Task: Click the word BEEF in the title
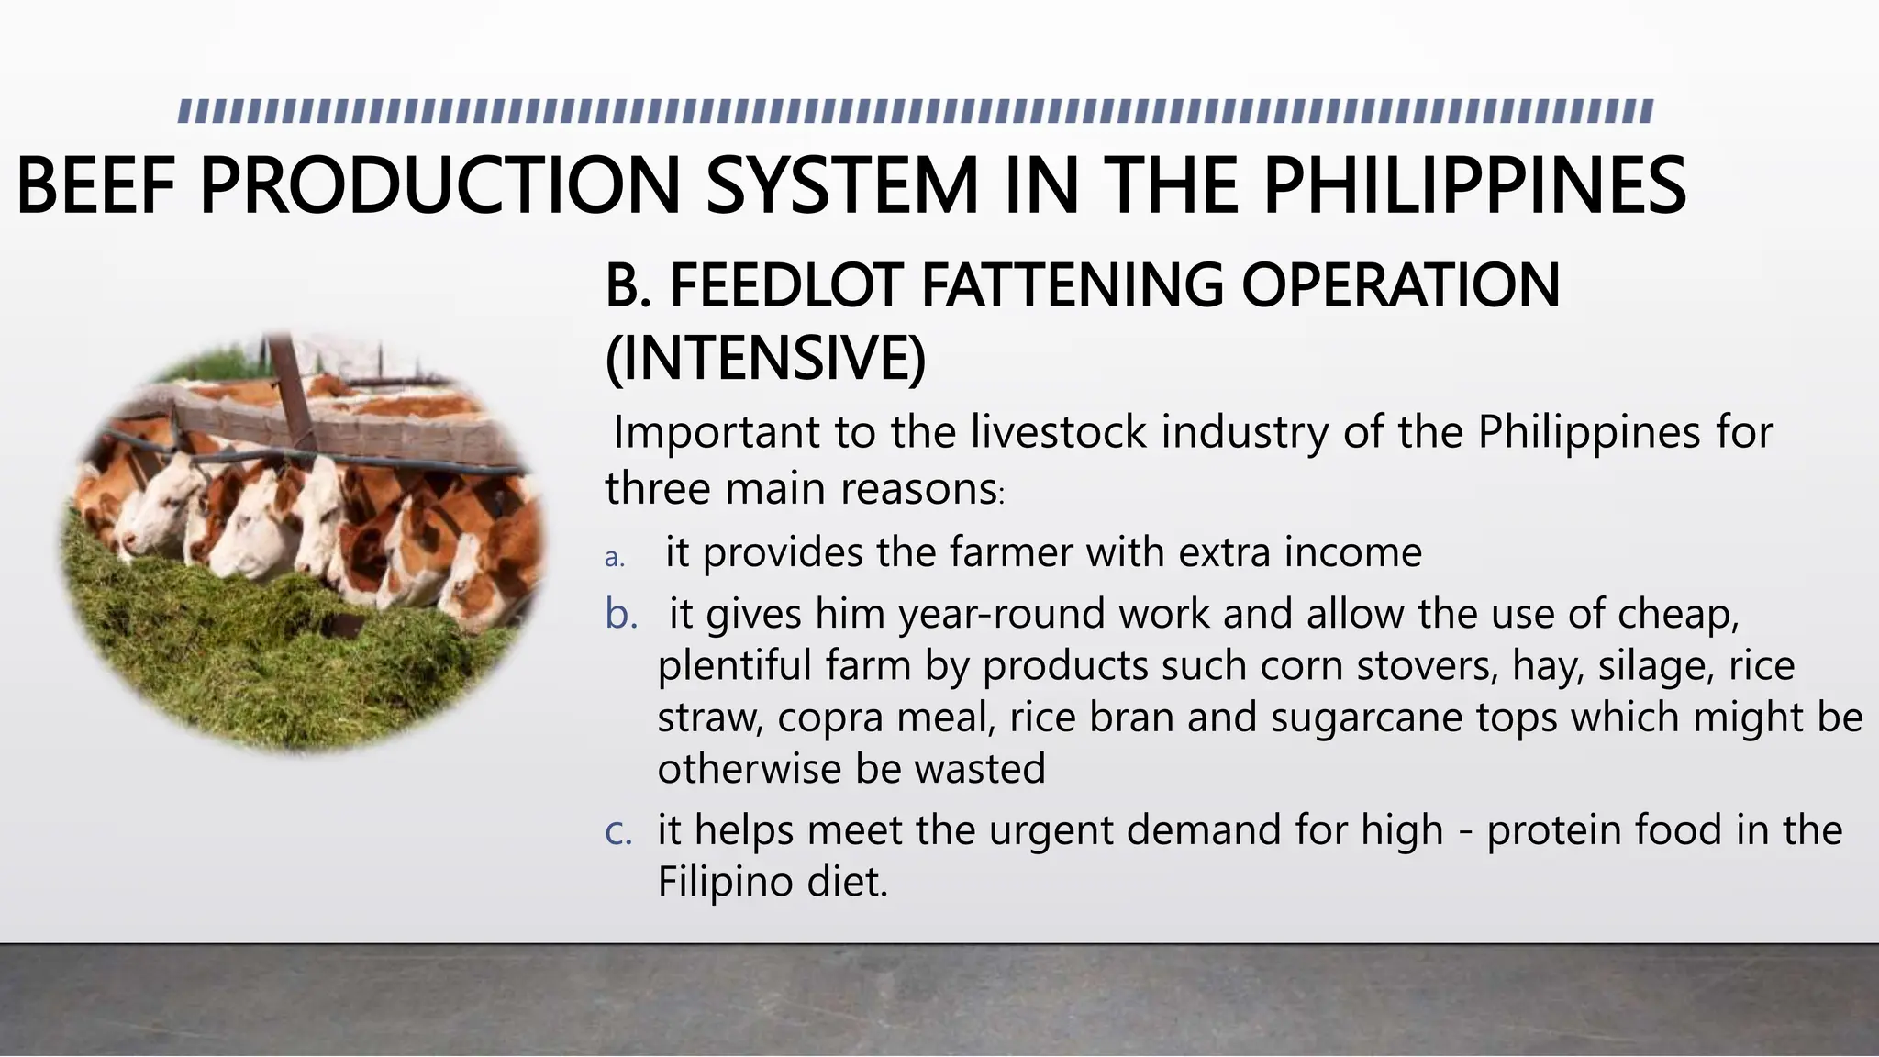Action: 95,186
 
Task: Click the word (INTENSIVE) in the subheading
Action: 765,358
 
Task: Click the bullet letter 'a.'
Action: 615,558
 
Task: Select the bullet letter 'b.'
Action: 621,614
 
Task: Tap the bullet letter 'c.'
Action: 618,831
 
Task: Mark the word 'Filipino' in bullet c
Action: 724,883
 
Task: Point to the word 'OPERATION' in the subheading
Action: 1400,285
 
